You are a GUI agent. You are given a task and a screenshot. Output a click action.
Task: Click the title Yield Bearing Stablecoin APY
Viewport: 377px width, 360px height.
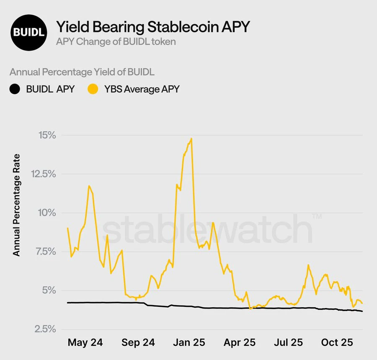[152, 27]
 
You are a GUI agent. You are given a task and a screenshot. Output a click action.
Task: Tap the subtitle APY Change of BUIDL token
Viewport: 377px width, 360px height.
[116, 42]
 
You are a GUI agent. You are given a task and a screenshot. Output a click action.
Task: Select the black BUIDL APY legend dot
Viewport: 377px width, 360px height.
[15, 89]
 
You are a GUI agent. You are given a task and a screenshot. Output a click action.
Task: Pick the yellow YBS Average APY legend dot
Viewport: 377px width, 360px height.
[93, 89]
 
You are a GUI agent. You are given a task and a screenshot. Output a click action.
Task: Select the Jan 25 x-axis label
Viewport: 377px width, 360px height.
[188, 343]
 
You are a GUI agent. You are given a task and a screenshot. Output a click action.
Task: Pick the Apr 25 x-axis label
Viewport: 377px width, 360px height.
[239, 343]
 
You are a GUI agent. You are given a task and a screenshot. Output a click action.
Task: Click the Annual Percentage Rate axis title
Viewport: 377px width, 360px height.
[17, 205]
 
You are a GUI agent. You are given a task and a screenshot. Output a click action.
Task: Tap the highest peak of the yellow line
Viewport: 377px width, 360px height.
[191, 139]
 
